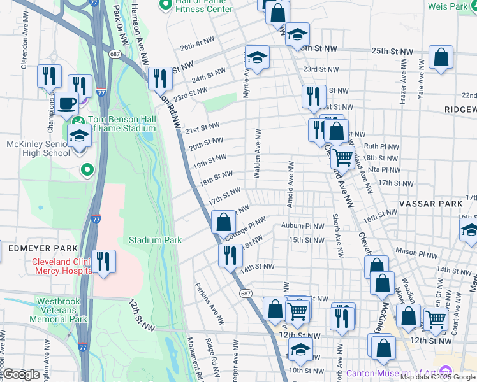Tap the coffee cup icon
66,103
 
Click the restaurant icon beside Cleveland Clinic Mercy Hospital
103,261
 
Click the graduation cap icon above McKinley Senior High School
79,136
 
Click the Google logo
21,374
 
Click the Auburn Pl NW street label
302,226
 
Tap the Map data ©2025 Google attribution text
438,377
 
